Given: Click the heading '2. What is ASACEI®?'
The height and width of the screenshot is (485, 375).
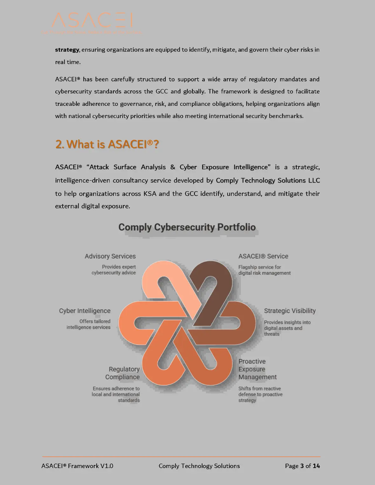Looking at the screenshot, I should coord(107,144).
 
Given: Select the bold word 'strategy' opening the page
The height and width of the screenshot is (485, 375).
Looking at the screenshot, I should coord(67,50).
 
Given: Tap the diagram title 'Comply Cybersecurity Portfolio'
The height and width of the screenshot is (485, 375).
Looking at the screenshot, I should coord(187,227).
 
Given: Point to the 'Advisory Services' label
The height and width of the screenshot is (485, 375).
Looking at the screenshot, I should coord(110,256).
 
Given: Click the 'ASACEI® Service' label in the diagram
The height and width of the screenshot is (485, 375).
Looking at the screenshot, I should coord(263,256).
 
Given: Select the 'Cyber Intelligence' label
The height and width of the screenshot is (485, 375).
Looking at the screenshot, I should coord(85,311).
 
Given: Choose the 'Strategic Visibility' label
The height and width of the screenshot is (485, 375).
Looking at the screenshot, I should coord(290,311).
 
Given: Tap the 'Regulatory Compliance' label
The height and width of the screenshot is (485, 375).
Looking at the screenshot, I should coord(123,373).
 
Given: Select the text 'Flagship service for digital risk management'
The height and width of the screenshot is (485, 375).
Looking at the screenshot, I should coord(264,270).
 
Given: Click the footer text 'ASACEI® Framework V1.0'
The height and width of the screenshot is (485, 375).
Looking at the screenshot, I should coord(77,466).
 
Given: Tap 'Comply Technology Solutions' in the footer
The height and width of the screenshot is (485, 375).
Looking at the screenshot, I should coord(199,466).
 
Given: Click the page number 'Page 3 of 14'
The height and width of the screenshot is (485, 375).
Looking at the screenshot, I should coord(302,466).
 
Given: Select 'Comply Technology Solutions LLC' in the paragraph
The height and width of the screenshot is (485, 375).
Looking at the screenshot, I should coord(268,181).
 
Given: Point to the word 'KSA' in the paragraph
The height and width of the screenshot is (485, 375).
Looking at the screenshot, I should coord(150,194).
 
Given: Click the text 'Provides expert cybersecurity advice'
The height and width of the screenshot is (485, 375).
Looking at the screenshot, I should coord(114,270).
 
